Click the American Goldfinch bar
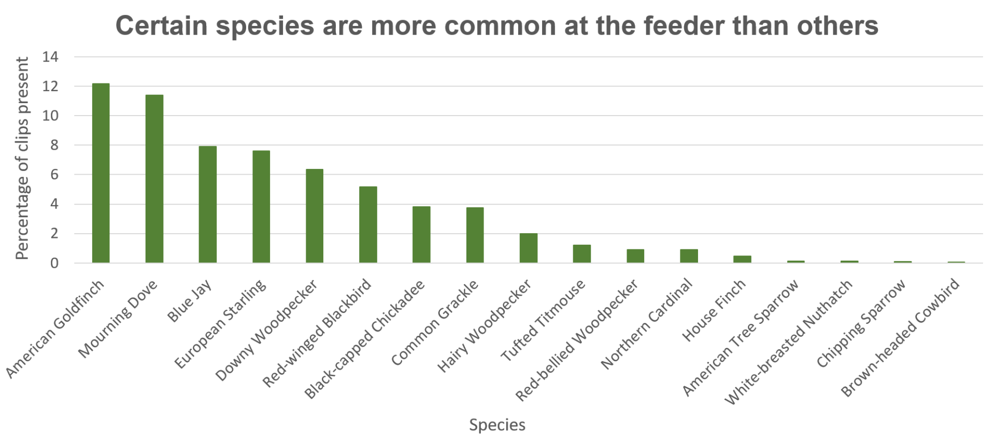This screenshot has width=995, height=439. pyautogui.click(x=101, y=173)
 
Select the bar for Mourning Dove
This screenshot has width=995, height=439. pyautogui.click(x=154, y=179)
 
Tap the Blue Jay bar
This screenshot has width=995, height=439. pyautogui.click(x=208, y=204)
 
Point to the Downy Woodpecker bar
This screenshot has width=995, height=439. pyautogui.click(x=315, y=216)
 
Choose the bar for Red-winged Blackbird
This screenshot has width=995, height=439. pyautogui.click(x=368, y=224)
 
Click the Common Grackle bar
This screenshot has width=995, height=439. pyautogui.click(x=475, y=235)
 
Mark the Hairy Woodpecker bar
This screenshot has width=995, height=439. pyautogui.click(x=529, y=248)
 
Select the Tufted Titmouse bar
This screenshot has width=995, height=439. pyautogui.click(x=582, y=253)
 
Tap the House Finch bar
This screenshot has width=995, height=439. pyautogui.click(x=742, y=259)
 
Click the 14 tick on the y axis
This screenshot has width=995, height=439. pyautogui.click(x=50, y=57)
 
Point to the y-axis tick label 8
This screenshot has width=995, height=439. pyautogui.click(x=54, y=145)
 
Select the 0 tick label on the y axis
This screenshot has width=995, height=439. pyautogui.click(x=54, y=263)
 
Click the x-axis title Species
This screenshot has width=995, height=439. pyautogui.click(x=497, y=425)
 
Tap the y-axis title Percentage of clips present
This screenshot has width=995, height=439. pyautogui.click(x=22, y=158)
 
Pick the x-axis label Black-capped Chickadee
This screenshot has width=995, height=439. pyautogui.click(x=364, y=339)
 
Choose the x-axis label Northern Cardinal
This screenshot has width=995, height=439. pyautogui.click(x=647, y=324)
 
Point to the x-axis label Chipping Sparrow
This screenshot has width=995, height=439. pyautogui.click(x=861, y=323)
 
